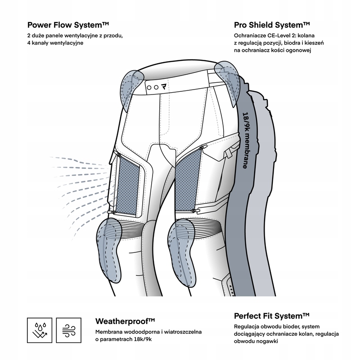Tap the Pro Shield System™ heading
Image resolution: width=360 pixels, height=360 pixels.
(x=272, y=24)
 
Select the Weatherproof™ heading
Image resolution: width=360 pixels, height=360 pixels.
(x=125, y=321)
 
